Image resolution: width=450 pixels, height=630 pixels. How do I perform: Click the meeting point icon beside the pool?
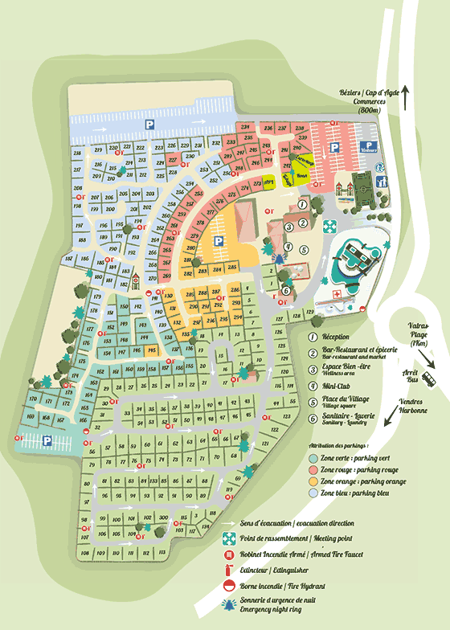328,228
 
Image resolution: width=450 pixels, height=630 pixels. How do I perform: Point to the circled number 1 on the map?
301,204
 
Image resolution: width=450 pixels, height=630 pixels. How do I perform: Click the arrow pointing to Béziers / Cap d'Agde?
406,96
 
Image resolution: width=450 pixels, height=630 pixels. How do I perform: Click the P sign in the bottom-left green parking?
47,440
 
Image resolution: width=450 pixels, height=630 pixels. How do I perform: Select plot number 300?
163,517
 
